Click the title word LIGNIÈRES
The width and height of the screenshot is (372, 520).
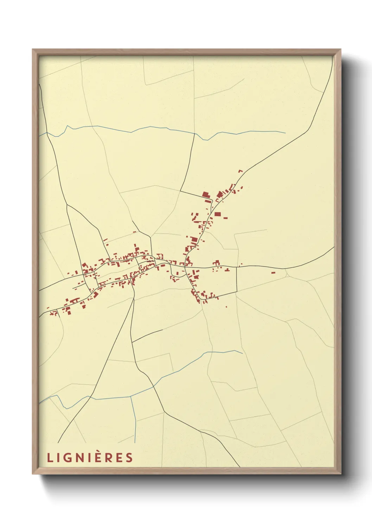(x=90, y=457)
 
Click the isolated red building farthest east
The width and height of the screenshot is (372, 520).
(x=273, y=273)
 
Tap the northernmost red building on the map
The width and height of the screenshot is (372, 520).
(x=240, y=171)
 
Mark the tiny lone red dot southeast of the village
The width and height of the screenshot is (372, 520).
(x=226, y=307)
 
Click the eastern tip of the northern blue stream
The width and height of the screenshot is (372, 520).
(x=285, y=133)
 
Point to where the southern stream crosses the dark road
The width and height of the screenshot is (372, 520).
(x=153, y=386)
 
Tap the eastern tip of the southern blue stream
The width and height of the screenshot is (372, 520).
(x=243, y=353)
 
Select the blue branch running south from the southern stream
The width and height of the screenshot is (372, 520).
(x=133, y=418)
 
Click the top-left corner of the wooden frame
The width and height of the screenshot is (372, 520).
(x=33, y=50)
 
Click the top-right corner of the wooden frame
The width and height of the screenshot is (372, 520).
(x=341, y=50)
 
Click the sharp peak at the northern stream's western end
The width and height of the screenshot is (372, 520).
(x=67, y=126)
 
